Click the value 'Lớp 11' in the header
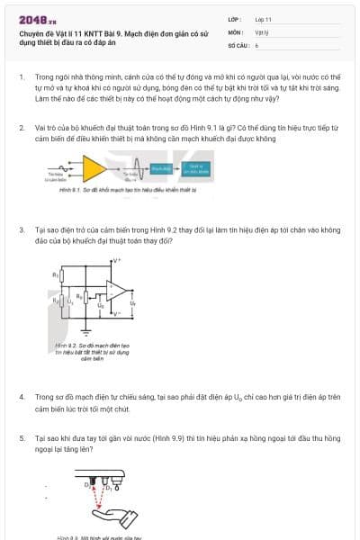263,19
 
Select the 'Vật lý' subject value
262,31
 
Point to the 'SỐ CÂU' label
238,44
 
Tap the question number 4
22,396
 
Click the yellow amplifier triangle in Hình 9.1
94,167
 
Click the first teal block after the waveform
161,168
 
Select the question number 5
22,437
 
